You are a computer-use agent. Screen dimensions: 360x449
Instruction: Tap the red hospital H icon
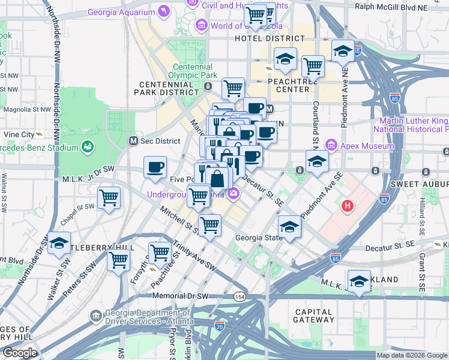click(x=346, y=207)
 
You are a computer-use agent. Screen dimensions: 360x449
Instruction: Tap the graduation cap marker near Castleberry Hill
click(x=59, y=244)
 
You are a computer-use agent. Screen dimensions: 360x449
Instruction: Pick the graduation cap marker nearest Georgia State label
click(x=289, y=227)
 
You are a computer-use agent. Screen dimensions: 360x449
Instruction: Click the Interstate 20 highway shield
click(x=219, y=325)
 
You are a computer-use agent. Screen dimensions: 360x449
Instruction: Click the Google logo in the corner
click(x=20, y=353)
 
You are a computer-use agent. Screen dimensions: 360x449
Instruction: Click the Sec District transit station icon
click(x=134, y=141)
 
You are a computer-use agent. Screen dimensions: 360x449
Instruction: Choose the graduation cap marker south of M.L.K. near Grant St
click(x=358, y=281)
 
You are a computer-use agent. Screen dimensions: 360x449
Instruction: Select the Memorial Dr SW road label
click(x=179, y=296)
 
